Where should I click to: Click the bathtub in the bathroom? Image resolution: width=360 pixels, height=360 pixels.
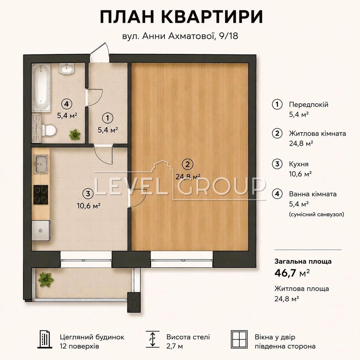pyautogui.click(x=41, y=88)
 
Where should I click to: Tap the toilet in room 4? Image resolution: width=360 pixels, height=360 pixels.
pyautogui.click(x=49, y=130)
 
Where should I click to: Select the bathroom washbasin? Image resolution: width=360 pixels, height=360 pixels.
pyautogui.click(x=67, y=68)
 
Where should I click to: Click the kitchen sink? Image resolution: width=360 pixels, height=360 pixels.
pyautogui.click(x=41, y=164)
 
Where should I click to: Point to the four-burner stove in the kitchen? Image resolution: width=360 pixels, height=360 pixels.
pyautogui.click(x=41, y=194)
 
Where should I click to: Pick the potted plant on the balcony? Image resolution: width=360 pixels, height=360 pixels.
pyautogui.click(x=46, y=280)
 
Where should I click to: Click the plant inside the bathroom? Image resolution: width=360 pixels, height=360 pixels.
pyautogui.click(x=75, y=134)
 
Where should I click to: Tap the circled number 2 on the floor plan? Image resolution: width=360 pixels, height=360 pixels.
pyautogui.click(x=187, y=164)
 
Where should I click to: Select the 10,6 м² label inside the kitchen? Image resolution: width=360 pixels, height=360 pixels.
pyautogui.click(x=89, y=206)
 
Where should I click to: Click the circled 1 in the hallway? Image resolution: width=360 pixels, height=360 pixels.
pyautogui.click(x=108, y=118)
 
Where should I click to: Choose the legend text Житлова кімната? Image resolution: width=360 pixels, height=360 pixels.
pyautogui.click(x=317, y=133)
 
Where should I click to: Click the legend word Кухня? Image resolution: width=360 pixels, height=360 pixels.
pyautogui.click(x=298, y=164)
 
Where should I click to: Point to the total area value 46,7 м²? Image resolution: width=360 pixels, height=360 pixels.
pyautogui.click(x=292, y=273)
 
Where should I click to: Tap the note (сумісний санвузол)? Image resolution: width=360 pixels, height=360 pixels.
pyautogui.click(x=316, y=214)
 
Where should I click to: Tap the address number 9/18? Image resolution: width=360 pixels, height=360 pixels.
pyautogui.click(x=229, y=36)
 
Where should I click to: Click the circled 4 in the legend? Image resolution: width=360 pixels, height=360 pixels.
pyautogui.click(x=277, y=194)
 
